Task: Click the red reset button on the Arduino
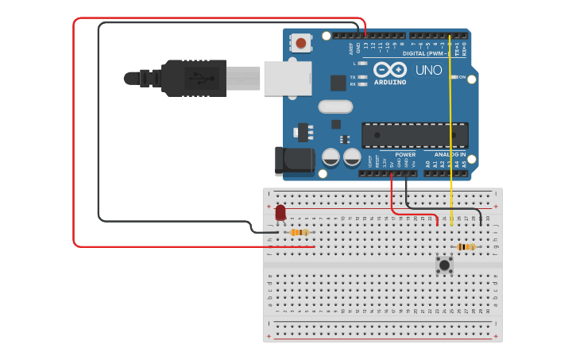point(301,43)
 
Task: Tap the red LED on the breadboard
point(280,212)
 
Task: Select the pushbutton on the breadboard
point(445,264)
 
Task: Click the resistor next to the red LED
point(299,232)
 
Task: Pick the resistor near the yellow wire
point(466,247)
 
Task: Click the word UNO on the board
point(430,70)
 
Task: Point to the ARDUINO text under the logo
point(390,82)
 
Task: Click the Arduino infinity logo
point(390,69)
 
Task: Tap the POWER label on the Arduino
point(405,154)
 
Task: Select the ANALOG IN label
point(450,154)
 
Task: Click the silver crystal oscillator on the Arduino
point(335,106)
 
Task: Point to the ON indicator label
point(461,77)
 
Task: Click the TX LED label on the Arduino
point(354,77)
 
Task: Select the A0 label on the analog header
point(427,165)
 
